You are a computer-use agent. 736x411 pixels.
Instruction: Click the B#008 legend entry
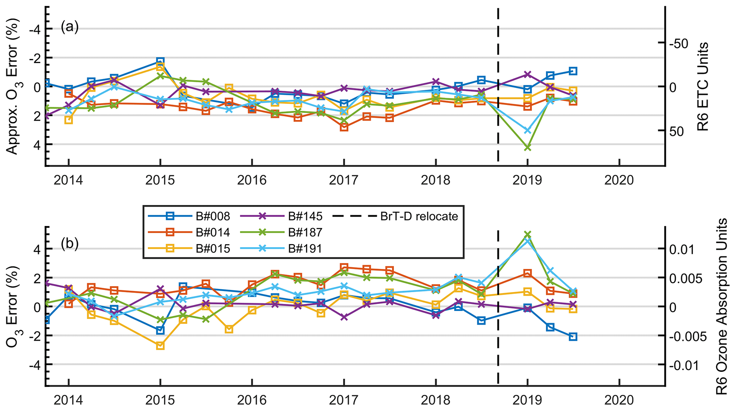189,216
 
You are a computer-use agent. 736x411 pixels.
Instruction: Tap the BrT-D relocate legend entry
395,216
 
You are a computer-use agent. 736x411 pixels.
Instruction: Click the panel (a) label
69,27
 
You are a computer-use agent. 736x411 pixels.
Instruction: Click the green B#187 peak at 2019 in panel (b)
528,234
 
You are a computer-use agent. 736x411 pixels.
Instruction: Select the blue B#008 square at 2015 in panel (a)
160,62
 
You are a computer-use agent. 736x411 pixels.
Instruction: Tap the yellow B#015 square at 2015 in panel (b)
160,346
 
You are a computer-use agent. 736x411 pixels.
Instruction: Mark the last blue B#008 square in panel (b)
573,337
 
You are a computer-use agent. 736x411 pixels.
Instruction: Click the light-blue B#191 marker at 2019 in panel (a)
528,131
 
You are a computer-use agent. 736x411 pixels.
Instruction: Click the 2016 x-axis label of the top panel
252,180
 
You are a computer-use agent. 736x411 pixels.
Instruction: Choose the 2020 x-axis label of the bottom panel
619,400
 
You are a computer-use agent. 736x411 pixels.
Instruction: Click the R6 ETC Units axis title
703,86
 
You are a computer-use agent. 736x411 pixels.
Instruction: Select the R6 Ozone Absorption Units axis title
721,307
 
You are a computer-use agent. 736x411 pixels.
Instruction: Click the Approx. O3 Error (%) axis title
12,86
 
